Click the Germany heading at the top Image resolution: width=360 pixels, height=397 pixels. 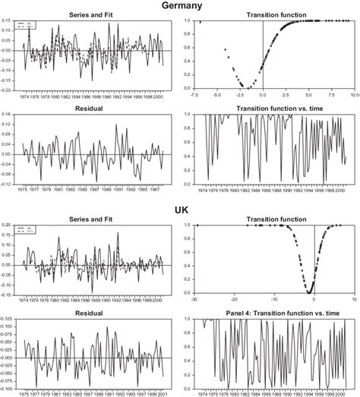click(180, 6)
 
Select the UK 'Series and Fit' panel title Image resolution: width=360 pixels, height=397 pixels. click(90, 216)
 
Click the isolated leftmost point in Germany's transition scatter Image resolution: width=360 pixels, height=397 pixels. click(200, 22)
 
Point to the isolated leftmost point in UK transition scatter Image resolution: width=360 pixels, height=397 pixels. click(197, 225)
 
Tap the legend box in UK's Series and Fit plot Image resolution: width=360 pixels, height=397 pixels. click(33, 228)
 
